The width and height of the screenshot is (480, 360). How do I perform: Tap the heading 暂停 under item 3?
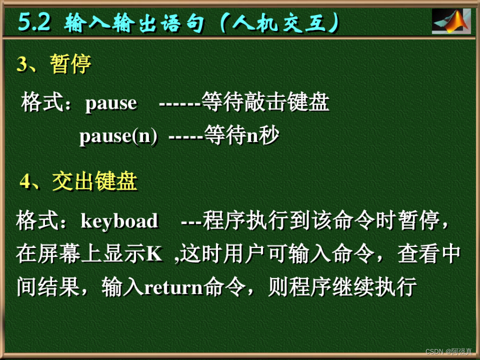(71, 64)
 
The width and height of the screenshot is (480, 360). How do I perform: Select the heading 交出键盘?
(95, 181)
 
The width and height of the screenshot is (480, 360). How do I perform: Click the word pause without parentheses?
(111, 103)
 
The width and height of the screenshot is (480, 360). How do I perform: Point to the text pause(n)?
(118, 136)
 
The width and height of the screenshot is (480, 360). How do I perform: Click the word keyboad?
(120, 220)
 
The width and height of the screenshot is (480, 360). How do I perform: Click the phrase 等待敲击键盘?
(265, 103)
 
